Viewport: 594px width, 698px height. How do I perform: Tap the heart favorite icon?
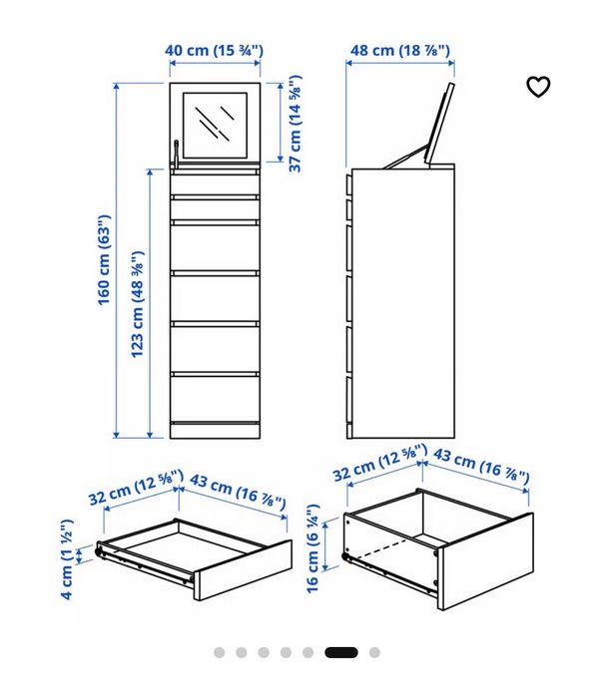[539, 87]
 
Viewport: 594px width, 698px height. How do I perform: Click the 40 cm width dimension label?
[215, 50]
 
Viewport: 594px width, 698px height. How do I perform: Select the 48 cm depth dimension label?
[400, 50]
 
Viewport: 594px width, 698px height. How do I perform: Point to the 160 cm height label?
[104, 260]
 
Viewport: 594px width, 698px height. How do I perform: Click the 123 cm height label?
[137, 304]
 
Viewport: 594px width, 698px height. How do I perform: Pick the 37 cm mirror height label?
[295, 124]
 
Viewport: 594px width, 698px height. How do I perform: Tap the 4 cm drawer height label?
[67, 559]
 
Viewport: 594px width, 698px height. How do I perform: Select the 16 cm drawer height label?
[313, 548]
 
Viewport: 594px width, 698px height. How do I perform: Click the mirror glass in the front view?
[215, 125]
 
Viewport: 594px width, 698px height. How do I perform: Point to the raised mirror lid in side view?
[439, 124]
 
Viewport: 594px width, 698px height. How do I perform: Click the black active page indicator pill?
[340, 652]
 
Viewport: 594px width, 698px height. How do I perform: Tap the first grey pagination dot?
[220, 652]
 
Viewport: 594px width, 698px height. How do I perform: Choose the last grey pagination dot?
[374, 652]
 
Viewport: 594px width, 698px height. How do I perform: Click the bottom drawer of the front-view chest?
[215, 399]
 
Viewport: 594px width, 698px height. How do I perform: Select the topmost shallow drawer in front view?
[215, 184]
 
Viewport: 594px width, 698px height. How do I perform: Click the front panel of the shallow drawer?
[244, 570]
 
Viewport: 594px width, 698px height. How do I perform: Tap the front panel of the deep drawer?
[486, 560]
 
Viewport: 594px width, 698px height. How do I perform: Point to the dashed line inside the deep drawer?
[383, 548]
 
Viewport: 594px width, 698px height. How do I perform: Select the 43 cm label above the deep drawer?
[481, 466]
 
